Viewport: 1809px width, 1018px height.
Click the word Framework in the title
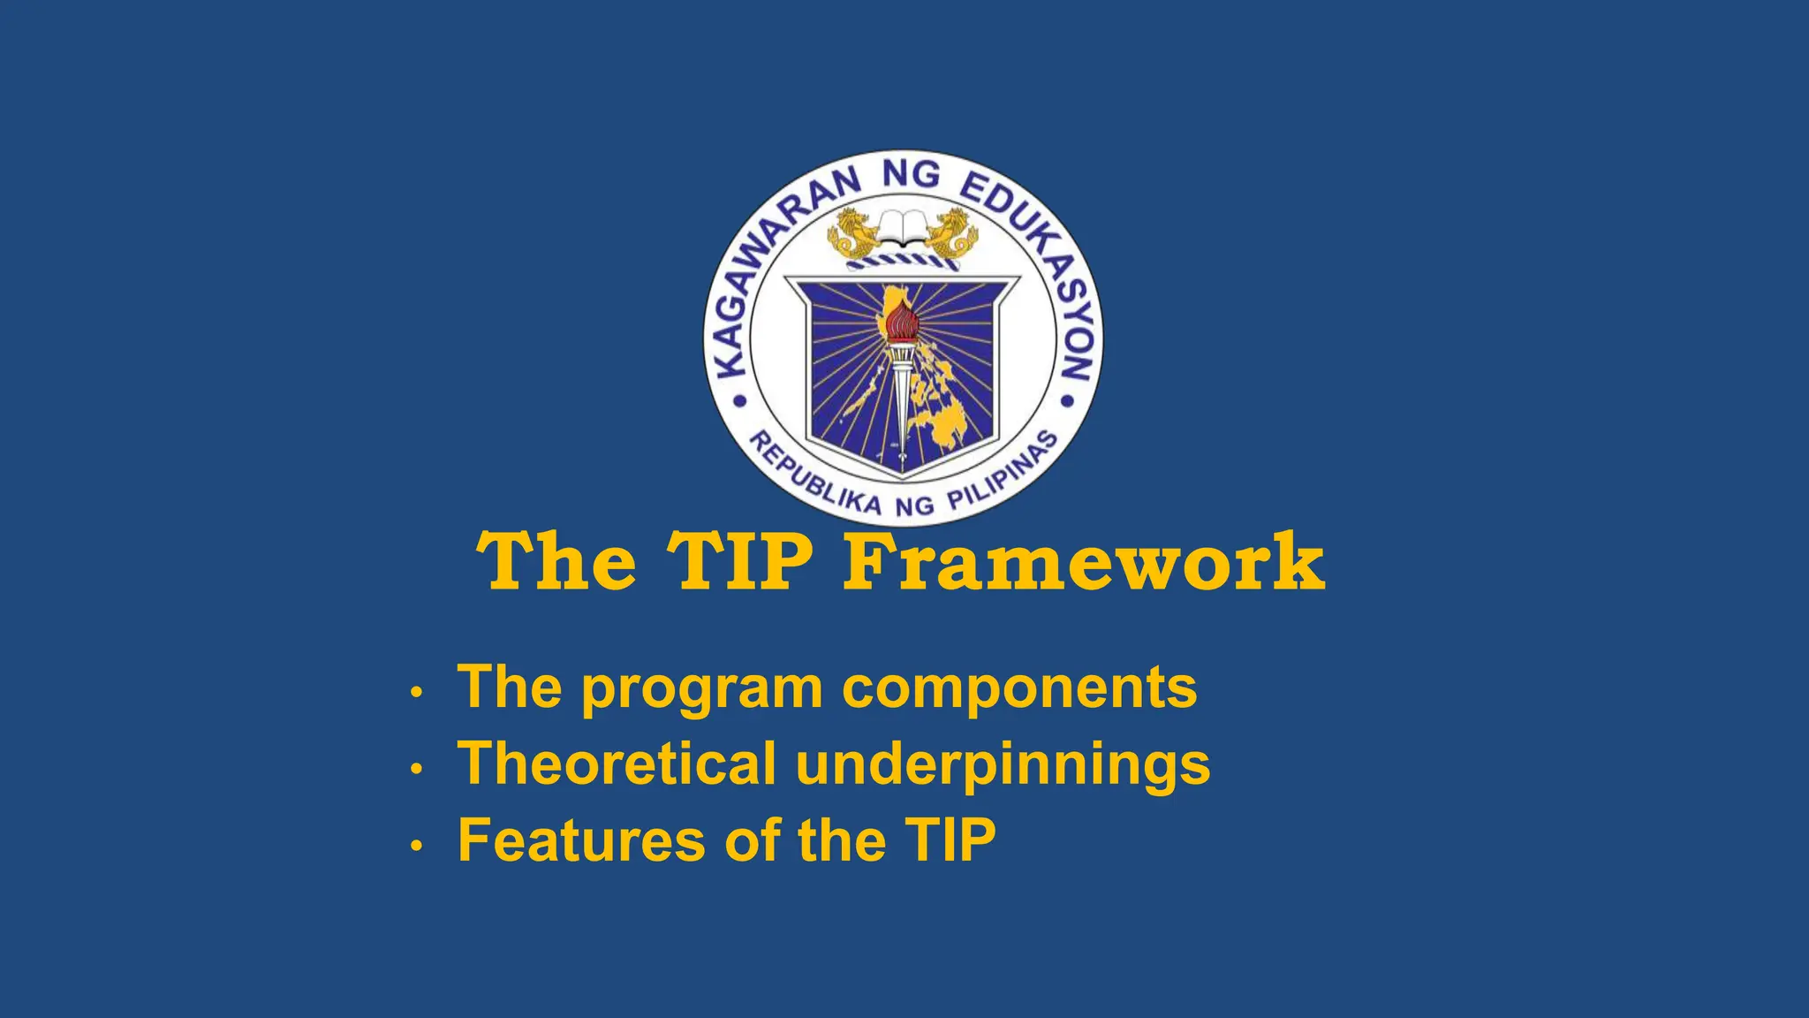(1084, 562)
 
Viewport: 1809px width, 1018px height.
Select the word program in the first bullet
(701, 689)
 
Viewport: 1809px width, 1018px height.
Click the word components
(1019, 689)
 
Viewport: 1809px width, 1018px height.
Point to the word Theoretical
(616, 763)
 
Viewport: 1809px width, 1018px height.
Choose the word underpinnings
(1003, 765)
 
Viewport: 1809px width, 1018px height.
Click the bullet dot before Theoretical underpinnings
(417, 769)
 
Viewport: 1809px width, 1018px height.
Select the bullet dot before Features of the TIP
(417, 846)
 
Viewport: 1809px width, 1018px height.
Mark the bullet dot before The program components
(417, 693)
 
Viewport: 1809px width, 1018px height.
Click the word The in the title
(556, 562)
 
